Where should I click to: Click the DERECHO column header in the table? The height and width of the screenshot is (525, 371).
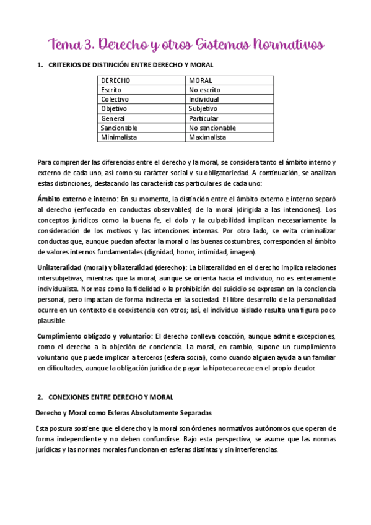[116, 80]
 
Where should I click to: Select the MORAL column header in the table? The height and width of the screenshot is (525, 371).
[201, 80]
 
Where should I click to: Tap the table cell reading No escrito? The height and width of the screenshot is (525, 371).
[204, 90]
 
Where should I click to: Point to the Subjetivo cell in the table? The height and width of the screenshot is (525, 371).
[204, 108]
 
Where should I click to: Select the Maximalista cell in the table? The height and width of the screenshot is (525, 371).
[207, 137]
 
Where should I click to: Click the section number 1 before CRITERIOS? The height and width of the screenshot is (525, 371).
[39, 65]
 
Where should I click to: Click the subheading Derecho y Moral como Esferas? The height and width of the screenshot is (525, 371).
[124, 412]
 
